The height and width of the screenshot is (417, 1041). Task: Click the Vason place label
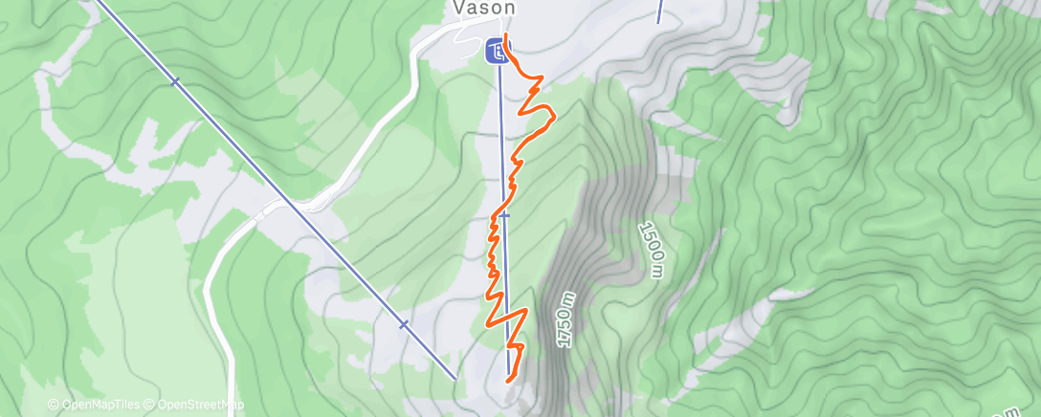(483, 8)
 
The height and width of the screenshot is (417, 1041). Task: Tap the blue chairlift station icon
(495, 50)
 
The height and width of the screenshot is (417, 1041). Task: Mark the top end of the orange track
(505, 36)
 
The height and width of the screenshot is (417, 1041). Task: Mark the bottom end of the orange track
(507, 379)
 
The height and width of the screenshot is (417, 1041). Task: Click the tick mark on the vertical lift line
(504, 216)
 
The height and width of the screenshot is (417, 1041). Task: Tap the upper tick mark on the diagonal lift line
(174, 82)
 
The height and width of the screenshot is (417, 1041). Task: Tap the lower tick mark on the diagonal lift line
(404, 324)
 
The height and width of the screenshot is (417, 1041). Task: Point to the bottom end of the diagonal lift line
(454, 377)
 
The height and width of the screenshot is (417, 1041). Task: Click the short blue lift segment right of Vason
(659, 11)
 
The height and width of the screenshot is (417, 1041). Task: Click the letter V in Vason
(457, 8)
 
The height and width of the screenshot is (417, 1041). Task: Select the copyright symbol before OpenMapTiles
(54, 405)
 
